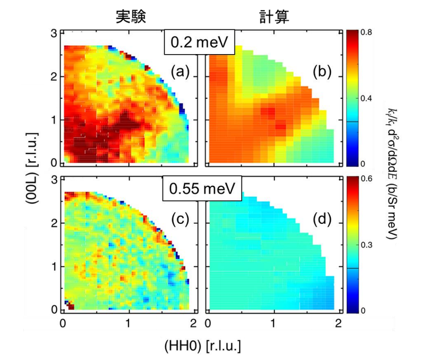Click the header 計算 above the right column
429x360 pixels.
(x=272, y=16)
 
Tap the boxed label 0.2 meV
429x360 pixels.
(x=198, y=42)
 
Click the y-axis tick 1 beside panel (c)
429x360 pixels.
(x=55, y=266)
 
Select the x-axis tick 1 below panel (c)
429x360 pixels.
(x=128, y=323)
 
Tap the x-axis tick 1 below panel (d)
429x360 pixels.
(x=273, y=323)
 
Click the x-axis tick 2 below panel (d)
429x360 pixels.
(x=338, y=323)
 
